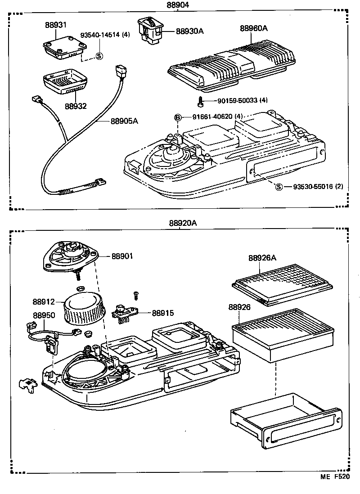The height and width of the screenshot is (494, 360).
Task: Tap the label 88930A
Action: [189, 31]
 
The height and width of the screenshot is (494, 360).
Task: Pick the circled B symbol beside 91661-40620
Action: [178, 117]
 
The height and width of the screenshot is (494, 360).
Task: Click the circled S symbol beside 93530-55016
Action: [279, 187]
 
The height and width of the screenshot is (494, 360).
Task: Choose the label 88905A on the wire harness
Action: [124, 121]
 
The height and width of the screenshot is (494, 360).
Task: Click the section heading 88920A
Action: [183, 223]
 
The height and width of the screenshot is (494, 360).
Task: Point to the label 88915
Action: [163, 313]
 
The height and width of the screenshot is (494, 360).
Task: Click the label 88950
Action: [44, 315]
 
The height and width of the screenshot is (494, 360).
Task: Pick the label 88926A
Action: [263, 258]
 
